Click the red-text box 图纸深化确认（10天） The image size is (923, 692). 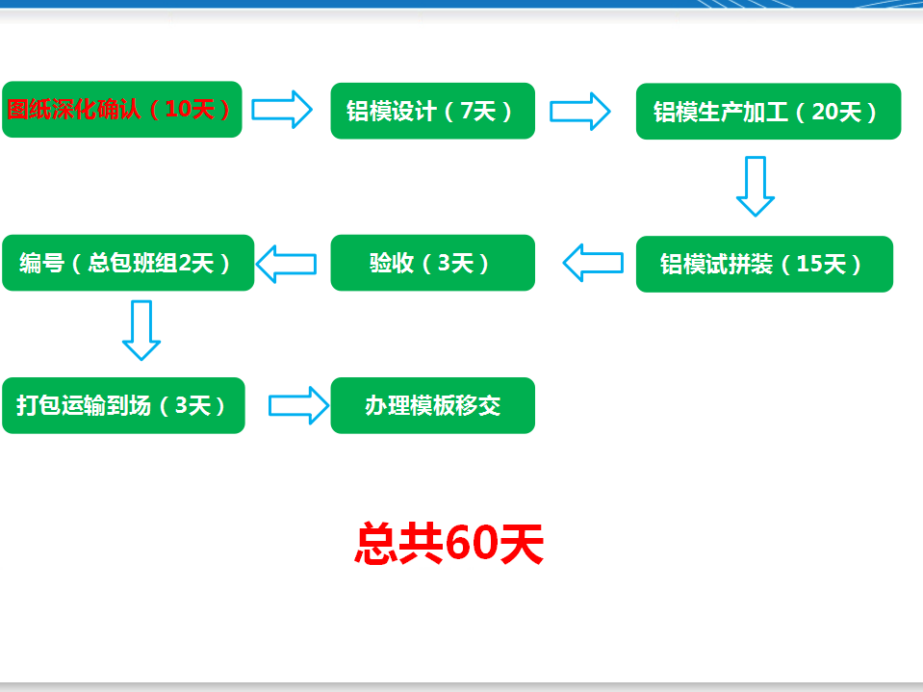click(122, 110)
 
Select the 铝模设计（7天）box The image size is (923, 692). click(433, 111)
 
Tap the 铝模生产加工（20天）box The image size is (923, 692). click(768, 112)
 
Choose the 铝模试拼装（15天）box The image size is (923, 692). click(764, 264)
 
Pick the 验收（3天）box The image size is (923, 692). click(433, 263)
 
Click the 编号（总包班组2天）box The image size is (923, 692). click(128, 263)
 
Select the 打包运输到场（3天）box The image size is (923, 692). click(123, 405)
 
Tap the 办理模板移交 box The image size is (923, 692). click(433, 405)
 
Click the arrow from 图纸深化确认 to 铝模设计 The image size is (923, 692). click(282, 110)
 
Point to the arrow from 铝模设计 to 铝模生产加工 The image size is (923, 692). click(580, 112)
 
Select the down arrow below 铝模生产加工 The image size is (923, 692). click(756, 187)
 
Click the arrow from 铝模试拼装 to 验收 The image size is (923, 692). click(593, 263)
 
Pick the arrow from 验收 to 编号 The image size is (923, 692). click(286, 264)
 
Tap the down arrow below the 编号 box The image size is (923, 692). click(141, 331)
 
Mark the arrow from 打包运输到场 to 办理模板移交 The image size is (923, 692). click(299, 405)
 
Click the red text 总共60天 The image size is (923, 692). click(449, 544)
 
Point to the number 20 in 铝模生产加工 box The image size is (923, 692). click(824, 112)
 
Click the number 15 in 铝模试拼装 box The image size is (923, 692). click(808, 264)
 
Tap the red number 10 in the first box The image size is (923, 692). click(177, 109)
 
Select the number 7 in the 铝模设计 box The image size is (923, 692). click(467, 111)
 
